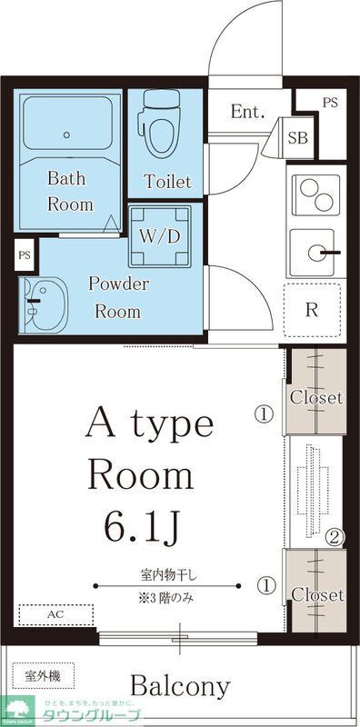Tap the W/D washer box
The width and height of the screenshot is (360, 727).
pos(160,234)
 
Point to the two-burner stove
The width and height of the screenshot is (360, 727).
pos(314,193)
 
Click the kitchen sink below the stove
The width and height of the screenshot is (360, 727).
pos(314,253)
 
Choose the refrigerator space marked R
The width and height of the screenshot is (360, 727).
pos(312,309)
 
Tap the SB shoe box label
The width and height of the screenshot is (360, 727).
pos(297,138)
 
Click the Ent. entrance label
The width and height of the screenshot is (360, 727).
pos(246,113)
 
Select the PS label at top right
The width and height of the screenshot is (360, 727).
pos(329,102)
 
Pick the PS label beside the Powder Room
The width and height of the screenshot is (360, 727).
pos(24,256)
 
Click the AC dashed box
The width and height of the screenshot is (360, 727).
pos(55,614)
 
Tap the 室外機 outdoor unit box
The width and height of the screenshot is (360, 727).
pos(43,676)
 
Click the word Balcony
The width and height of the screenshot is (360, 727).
pos(180,685)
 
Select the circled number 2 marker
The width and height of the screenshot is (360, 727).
pos(335,537)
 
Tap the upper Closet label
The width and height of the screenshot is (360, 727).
pos(315,397)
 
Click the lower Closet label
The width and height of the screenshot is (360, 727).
pos(315,594)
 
